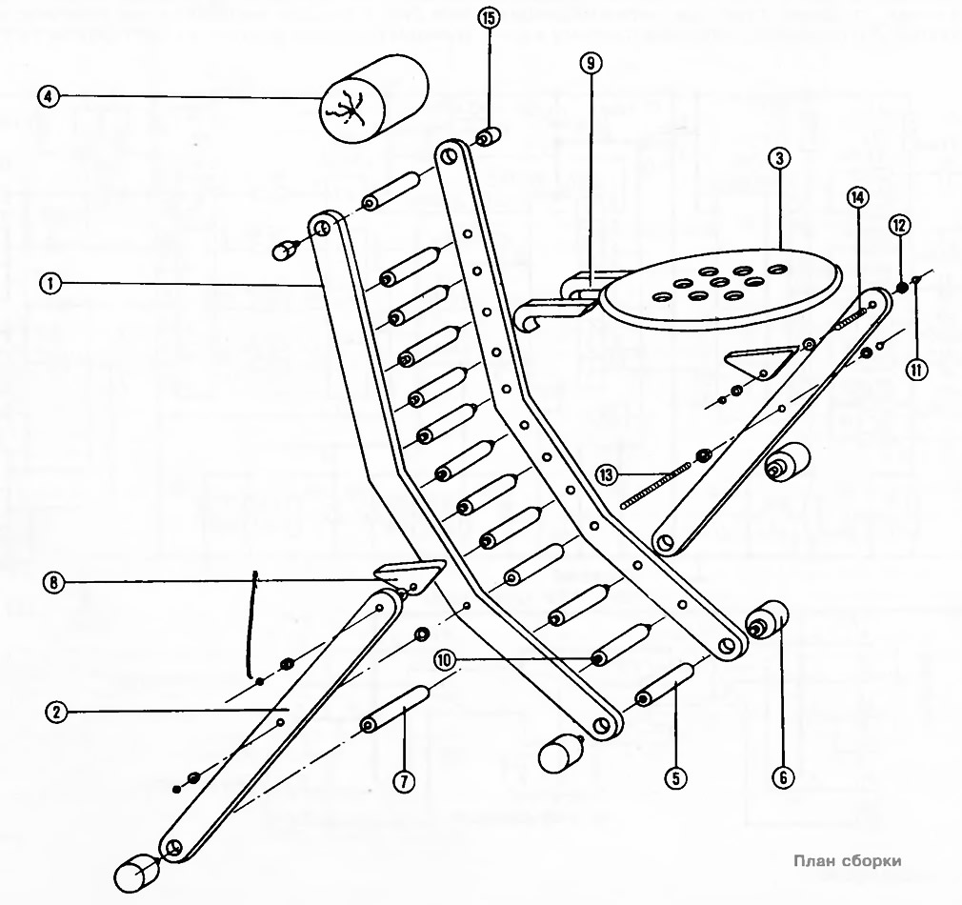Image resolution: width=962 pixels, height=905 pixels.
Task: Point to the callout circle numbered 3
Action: (x=779, y=159)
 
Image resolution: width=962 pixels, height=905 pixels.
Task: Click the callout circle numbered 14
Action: (x=857, y=197)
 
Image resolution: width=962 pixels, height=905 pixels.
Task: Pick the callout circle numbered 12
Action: (x=899, y=225)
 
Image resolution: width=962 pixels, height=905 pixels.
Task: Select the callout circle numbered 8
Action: (x=56, y=582)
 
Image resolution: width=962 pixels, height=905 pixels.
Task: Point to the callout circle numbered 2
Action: (x=56, y=711)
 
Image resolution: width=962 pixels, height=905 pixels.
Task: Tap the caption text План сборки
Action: (x=847, y=860)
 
